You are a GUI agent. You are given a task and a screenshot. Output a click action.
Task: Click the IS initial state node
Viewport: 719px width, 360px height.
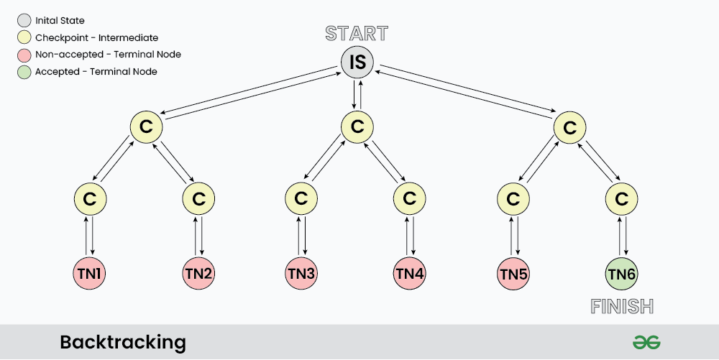pyautogui.click(x=357, y=63)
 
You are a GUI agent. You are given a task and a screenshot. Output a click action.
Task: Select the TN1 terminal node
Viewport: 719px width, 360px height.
pyautogui.click(x=90, y=273)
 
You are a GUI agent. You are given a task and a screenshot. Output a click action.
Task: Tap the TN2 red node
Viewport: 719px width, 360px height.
pyautogui.click(x=199, y=273)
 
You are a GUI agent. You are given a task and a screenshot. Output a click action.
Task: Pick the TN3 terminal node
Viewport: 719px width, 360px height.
pyautogui.click(x=301, y=273)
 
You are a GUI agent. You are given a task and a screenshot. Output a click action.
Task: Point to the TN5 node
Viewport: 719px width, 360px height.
pyautogui.click(x=513, y=273)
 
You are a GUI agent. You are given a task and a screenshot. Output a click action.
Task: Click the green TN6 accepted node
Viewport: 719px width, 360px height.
pyautogui.click(x=622, y=273)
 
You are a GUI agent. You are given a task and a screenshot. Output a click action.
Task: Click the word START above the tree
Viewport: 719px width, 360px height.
pyautogui.click(x=357, y=33)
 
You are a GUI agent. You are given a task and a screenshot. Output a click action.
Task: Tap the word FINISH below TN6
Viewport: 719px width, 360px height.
pyautogui.click(x=622, y=307)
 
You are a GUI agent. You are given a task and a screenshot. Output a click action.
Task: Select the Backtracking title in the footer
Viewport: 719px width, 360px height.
pyautogui.click(x=122, y=342)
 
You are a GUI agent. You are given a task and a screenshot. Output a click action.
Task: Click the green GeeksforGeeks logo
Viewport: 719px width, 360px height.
pyautogui.click(x=646, y=342)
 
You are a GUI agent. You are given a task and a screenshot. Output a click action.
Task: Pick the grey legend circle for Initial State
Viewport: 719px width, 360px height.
pyautogui.click(x=24, y=21)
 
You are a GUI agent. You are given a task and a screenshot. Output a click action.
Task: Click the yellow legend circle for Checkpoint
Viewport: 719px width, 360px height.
pyautogui.click(x=24, y=37)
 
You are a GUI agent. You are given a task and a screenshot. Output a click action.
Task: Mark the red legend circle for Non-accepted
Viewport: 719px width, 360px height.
pyautogui.click(x=24, y=54)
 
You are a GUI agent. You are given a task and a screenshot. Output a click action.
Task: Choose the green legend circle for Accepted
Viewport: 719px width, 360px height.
pyautogui.click(x=24, y=71)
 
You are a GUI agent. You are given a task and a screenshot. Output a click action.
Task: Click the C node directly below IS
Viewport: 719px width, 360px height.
pyautogui.click(x=357, y=127)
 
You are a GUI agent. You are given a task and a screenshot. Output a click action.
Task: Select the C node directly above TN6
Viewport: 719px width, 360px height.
pyautogui.click(x=622, y=198)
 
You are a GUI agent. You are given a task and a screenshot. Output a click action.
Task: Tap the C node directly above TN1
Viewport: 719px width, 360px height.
pyautogui.click(x=90, y=198)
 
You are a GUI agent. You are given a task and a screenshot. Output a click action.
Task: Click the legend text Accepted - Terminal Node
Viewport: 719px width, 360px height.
pyautogui.click(x=96, y=71)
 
